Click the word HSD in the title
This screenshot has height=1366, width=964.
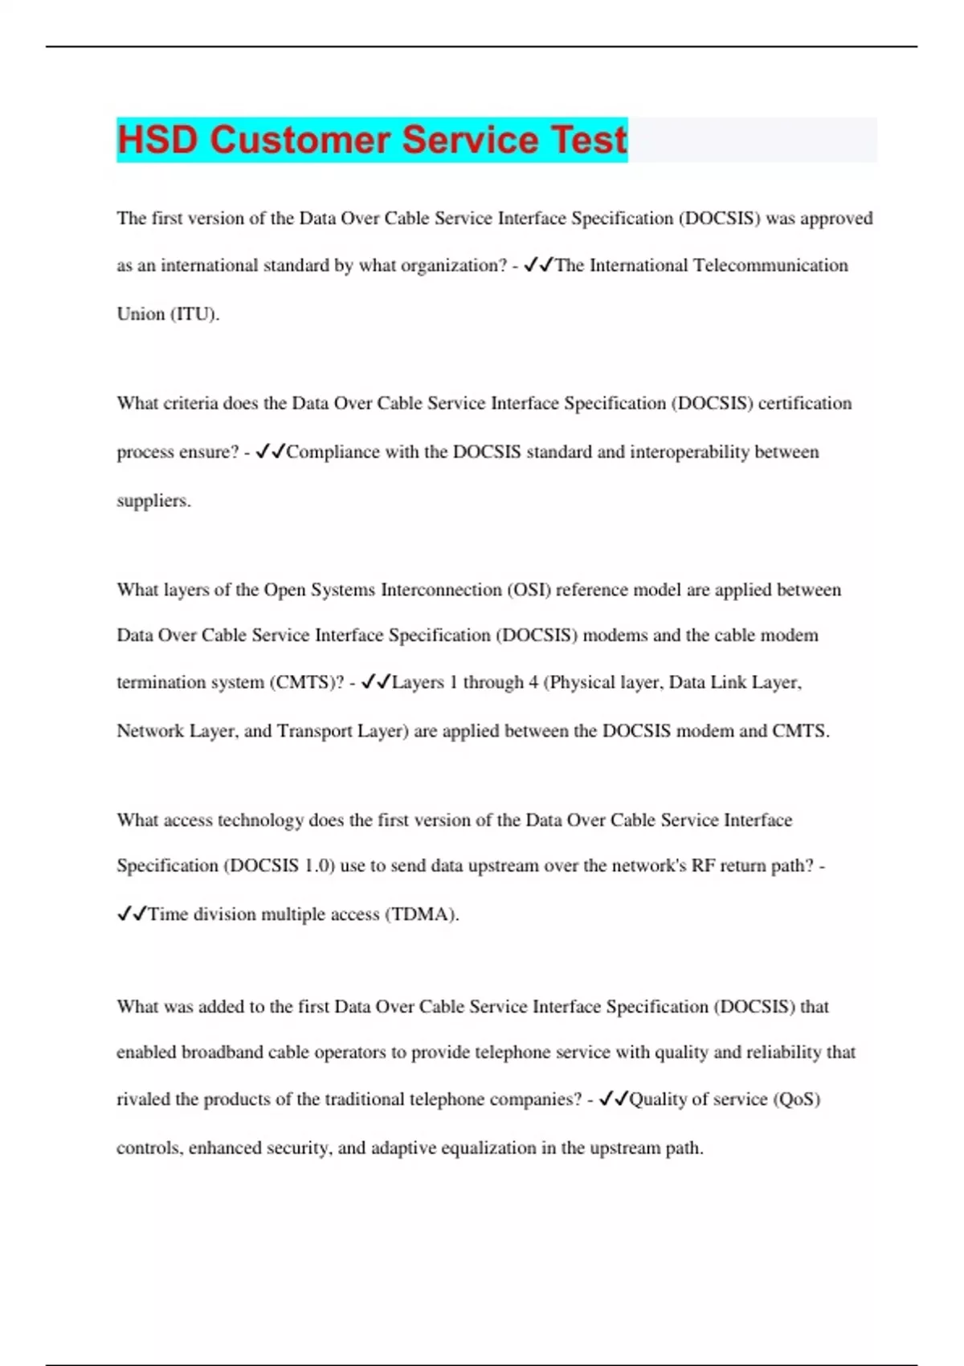(x=157, y=140)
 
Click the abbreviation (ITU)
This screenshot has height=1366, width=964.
(x=194, y=314)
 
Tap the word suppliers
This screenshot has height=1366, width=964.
(x=153, y=501)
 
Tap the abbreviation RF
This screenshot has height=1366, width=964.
(x=703, y=866)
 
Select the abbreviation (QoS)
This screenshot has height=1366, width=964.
(x=796, y=1099)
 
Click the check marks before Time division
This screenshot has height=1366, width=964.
(x=132, y=914)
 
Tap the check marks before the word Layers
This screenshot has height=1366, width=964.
(x=376, y=683)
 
